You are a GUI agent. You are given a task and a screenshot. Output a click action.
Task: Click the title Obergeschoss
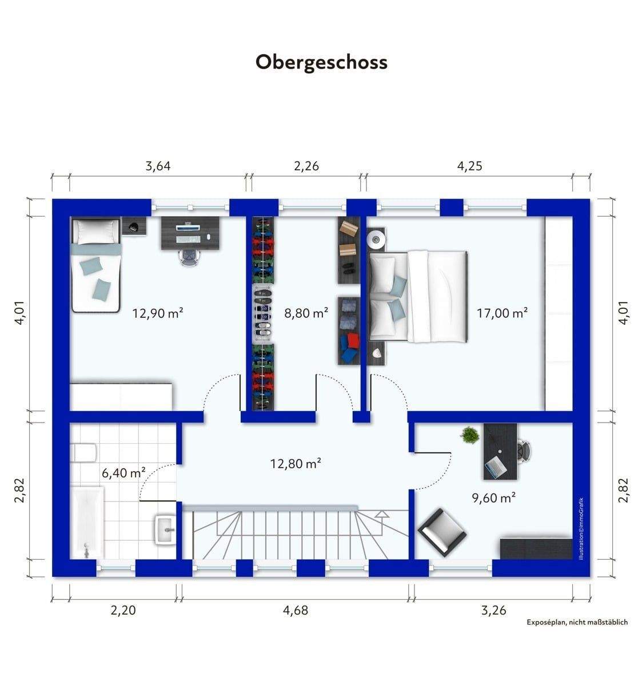point(321,63)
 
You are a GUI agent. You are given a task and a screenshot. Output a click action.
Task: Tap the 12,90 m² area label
point(158,313)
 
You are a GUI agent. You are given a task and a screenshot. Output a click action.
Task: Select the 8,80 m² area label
point(306,313)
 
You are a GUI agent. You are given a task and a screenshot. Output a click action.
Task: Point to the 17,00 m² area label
point(502,313)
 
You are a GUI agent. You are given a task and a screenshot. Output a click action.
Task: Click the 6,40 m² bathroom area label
point(123,473)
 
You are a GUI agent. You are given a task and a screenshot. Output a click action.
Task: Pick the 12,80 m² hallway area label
point(296,463)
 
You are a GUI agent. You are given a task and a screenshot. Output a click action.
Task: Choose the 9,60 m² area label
point(494,498)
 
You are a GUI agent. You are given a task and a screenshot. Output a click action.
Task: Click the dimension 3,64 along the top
point(158,166)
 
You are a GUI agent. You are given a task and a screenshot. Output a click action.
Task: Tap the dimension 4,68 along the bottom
point(296,611)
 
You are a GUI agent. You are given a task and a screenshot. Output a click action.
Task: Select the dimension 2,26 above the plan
point(306,166)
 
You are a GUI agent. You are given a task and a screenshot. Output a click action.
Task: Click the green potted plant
point(469,435)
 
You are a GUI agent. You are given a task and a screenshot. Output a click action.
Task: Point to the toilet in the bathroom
point(83,453)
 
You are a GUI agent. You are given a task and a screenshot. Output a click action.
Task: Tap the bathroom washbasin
point(166,529)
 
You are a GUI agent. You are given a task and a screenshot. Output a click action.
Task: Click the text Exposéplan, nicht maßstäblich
point(577,622)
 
